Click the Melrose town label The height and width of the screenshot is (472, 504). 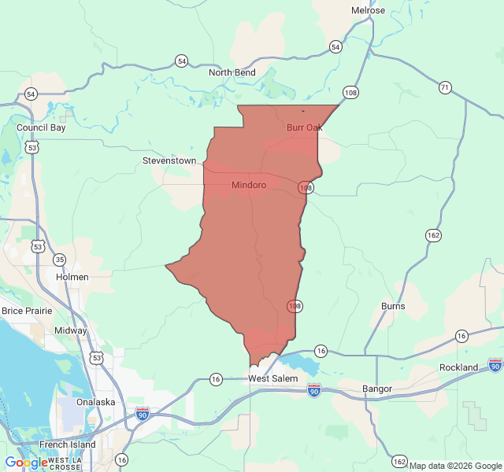tap(368, 10)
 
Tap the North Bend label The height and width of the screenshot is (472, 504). tap(232, 72)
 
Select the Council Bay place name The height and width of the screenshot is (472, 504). tap(41, 127)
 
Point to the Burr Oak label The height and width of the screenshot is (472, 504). tap(305, 127)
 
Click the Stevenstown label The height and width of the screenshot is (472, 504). tap(169, 160)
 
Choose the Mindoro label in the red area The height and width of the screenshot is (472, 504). tap(249, 185)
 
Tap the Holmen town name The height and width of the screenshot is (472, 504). tap(72, 277)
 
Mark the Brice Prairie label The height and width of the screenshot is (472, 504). tap(27, 311)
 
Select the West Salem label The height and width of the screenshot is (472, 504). tap(273, 379)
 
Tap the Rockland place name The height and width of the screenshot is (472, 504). tap(458, 367)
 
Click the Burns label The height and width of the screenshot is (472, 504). tap(393, 306)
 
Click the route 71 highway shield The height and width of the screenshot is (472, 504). tap(446, 87)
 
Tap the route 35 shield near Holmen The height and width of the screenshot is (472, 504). tap(60, 260)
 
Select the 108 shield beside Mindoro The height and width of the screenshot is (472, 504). tap(306, 188)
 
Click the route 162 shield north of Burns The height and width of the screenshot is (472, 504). tap(433, 235)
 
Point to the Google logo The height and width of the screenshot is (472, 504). tap(25, 463)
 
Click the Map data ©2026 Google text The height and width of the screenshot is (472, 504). tap(456, 466)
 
